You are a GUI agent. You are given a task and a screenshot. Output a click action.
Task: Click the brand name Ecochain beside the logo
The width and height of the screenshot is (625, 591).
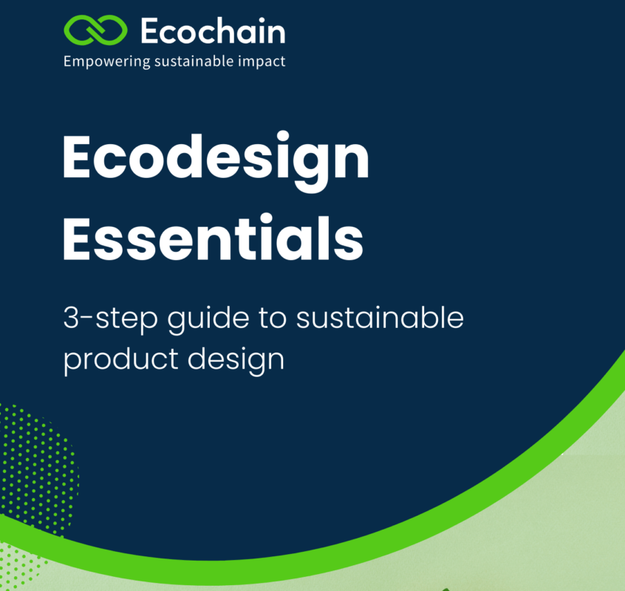212,33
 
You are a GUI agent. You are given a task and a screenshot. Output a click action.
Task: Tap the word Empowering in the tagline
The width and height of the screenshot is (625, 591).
106,62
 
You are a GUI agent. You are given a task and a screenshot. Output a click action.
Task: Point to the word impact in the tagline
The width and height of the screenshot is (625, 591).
262,62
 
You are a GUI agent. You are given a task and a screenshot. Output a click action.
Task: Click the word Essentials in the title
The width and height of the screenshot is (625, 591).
213,237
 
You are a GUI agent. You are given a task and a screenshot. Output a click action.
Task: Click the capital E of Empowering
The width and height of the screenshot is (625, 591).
68,61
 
